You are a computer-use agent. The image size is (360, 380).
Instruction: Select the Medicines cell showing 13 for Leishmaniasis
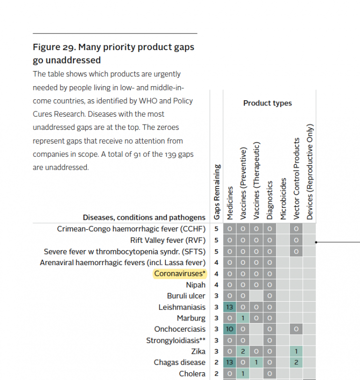click(x=230, y=307)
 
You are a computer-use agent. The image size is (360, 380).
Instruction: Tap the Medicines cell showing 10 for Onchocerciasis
click(x=230, y=329)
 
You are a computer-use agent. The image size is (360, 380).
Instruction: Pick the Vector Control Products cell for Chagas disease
click(x=296, y=362)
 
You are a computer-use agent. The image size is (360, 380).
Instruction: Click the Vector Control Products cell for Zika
click(x=296, y=351)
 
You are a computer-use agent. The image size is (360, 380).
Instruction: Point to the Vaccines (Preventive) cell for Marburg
click(x=243, y=318)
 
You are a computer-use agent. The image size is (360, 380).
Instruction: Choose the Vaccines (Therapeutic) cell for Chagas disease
click(x=256, y=362)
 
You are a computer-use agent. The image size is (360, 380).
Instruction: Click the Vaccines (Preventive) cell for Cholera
click(x=243, y=374)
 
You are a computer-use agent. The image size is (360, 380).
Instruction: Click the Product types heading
click(x=268, y=103)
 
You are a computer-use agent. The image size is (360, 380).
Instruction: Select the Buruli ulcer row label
click(x=186, y=296)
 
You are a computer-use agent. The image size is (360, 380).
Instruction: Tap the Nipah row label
click(x=196, y=285)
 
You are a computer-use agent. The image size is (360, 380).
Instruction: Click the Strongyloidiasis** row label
click(x=176, y=341)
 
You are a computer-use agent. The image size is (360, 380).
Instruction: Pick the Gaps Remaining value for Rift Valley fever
click(x=216, y=240)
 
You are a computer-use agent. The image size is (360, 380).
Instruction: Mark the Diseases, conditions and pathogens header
click(x=144, y=217)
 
